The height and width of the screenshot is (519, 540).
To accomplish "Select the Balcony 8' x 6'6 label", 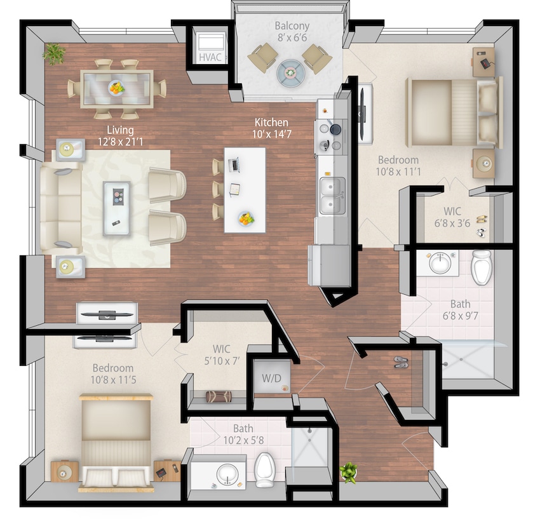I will [292, 31].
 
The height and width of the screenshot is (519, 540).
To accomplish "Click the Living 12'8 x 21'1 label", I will [120, 137].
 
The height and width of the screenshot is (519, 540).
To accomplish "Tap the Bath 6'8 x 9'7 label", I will [456, 310].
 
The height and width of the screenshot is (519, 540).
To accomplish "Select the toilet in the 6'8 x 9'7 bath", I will [482, 267].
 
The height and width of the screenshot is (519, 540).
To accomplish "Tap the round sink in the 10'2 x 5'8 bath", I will [226, 473].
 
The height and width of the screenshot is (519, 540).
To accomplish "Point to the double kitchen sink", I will [331, 196].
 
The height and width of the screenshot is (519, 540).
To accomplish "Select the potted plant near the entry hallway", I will [348, 471].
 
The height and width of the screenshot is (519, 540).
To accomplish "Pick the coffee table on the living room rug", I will [116, 199].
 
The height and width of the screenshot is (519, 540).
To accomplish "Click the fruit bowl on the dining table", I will [116, 88].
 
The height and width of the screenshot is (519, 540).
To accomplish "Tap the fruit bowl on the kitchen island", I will [246, 219].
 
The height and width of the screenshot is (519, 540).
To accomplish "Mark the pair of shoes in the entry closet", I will [401, 362].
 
